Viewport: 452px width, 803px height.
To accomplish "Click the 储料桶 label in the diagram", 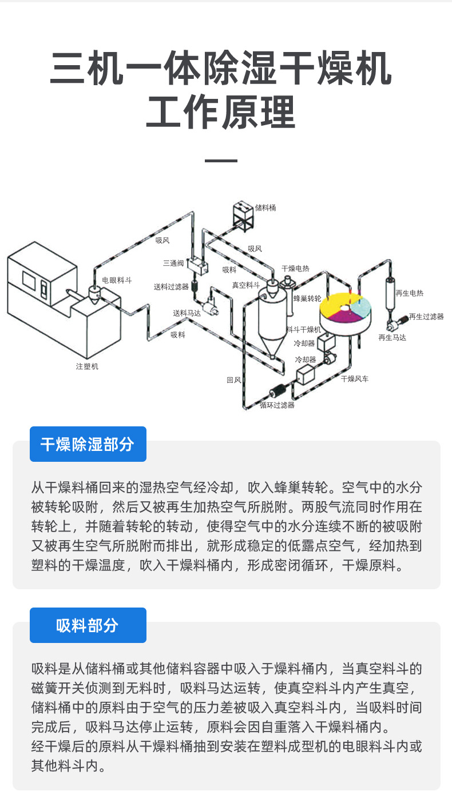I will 265,207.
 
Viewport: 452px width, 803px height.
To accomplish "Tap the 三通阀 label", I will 173,263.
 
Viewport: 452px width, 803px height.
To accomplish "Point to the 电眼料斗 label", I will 117,280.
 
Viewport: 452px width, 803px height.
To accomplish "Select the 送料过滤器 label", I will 171,286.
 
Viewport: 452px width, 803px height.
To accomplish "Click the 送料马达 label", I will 187,313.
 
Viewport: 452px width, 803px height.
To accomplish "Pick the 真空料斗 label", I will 245,285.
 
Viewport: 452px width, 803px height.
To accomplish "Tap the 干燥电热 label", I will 295,268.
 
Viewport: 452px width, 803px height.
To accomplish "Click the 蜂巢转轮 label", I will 307,298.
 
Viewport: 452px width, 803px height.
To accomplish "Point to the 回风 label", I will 233,379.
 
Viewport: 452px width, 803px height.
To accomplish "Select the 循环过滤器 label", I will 277,405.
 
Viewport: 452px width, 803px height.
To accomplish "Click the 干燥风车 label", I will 355,378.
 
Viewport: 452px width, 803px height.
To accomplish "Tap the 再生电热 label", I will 409,293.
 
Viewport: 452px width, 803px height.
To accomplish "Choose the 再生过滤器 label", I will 426,316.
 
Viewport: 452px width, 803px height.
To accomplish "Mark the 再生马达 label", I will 392,338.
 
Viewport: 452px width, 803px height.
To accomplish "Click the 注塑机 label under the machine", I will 87,366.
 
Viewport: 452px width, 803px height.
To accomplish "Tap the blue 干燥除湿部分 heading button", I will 88,444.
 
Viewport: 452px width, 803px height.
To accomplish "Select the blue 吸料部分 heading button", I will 88,625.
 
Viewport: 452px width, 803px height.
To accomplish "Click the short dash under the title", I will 221,161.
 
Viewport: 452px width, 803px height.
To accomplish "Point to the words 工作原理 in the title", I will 221,111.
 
